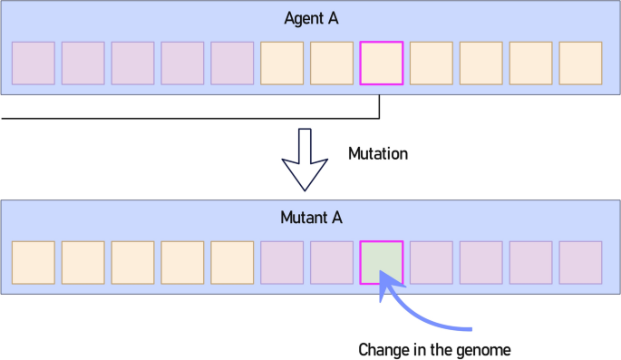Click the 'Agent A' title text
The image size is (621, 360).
[311, 19]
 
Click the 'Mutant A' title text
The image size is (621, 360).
[311, 218]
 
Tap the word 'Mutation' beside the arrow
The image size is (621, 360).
[378, 153]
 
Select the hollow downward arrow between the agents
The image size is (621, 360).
[305, 158]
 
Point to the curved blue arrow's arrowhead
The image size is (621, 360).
[389, 288]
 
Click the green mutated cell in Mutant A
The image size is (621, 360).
[382, 262]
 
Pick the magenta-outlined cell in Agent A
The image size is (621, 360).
[382, 63]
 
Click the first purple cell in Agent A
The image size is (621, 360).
[34, 63]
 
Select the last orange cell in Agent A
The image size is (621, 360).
[580, 63]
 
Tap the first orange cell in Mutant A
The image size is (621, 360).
[34, 262]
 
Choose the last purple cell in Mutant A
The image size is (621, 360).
[580, 262]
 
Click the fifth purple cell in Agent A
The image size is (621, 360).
[232, 63]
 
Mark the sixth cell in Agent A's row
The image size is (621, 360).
[282, 63]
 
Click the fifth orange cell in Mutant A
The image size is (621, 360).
[232, 262]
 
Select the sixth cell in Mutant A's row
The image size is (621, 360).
[282, 262]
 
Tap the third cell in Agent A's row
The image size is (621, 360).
[133, 63]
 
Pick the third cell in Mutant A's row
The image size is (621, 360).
[133, 262]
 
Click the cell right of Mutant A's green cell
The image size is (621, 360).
[432, 262]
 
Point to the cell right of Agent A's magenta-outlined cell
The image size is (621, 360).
[432, 63]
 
